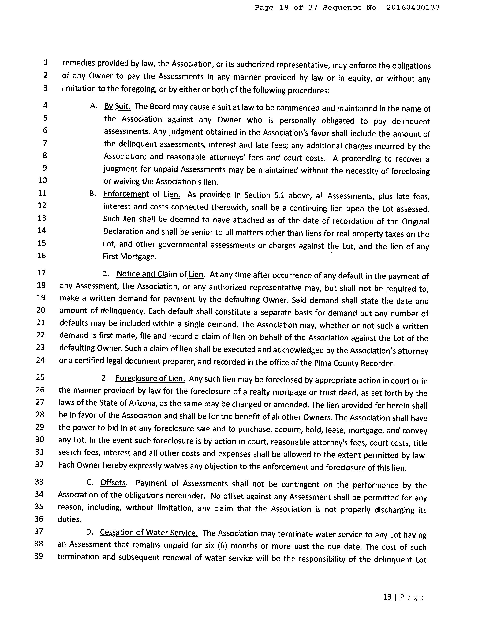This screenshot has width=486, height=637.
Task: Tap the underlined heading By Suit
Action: tap(117, 106)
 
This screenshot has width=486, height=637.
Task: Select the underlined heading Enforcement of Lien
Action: tap(142, 194)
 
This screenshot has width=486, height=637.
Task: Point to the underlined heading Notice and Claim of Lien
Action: tap(160, 274)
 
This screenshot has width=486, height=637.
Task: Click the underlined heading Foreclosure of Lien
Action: tap(150, 378)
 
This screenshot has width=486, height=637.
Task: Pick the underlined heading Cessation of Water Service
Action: tap(149, 532)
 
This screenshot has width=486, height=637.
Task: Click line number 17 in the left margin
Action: tap(41, 273)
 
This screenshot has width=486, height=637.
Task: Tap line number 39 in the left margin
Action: tap(39, 556)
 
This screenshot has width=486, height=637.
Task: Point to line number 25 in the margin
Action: tap(40, 377)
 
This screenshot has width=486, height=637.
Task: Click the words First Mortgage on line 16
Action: tap(130, 257)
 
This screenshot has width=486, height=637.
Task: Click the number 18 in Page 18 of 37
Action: tap(284, 8)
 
